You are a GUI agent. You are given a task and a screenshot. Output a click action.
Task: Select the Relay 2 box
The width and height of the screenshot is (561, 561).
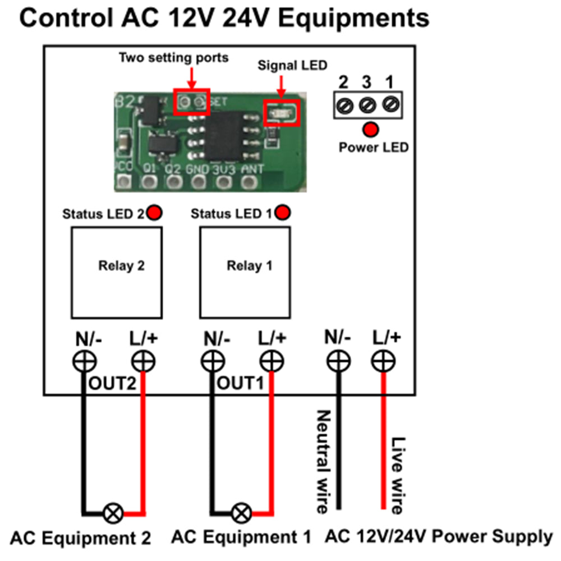pyautogui.click(x=116, y=273)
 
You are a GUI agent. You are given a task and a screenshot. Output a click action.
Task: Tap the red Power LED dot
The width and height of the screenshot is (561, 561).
pyautogui.click(x=370, y=130)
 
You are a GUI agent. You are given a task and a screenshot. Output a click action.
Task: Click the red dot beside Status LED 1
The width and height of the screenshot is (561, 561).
pyautogui.click(x=284, y=213)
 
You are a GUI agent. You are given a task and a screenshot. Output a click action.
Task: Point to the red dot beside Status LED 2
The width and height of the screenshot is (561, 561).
pyautogui.click(x=154, y=213)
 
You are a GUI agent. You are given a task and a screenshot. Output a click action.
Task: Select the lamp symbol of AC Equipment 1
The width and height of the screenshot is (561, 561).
pyautogui.click(x=242, y=512)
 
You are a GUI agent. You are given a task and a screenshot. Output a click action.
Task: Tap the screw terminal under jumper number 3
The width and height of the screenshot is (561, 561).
pyautogui.click(x=367, y=104)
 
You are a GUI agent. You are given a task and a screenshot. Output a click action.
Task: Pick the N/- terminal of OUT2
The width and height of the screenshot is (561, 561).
pyautogui.click(x=84, y=361)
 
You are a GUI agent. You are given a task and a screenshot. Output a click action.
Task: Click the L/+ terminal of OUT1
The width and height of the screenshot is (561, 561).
pyautogui.click(x=272, y=361)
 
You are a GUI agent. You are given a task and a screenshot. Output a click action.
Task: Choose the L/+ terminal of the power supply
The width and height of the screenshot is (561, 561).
pyautogui.click(x=383, y=361)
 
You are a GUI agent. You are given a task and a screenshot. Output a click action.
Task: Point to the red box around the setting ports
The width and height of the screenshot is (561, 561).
pyautogui.click(x=192, y=102)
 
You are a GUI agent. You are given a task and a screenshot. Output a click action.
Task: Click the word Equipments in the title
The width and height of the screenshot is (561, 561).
pyautogui.click(x=353, y=18)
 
